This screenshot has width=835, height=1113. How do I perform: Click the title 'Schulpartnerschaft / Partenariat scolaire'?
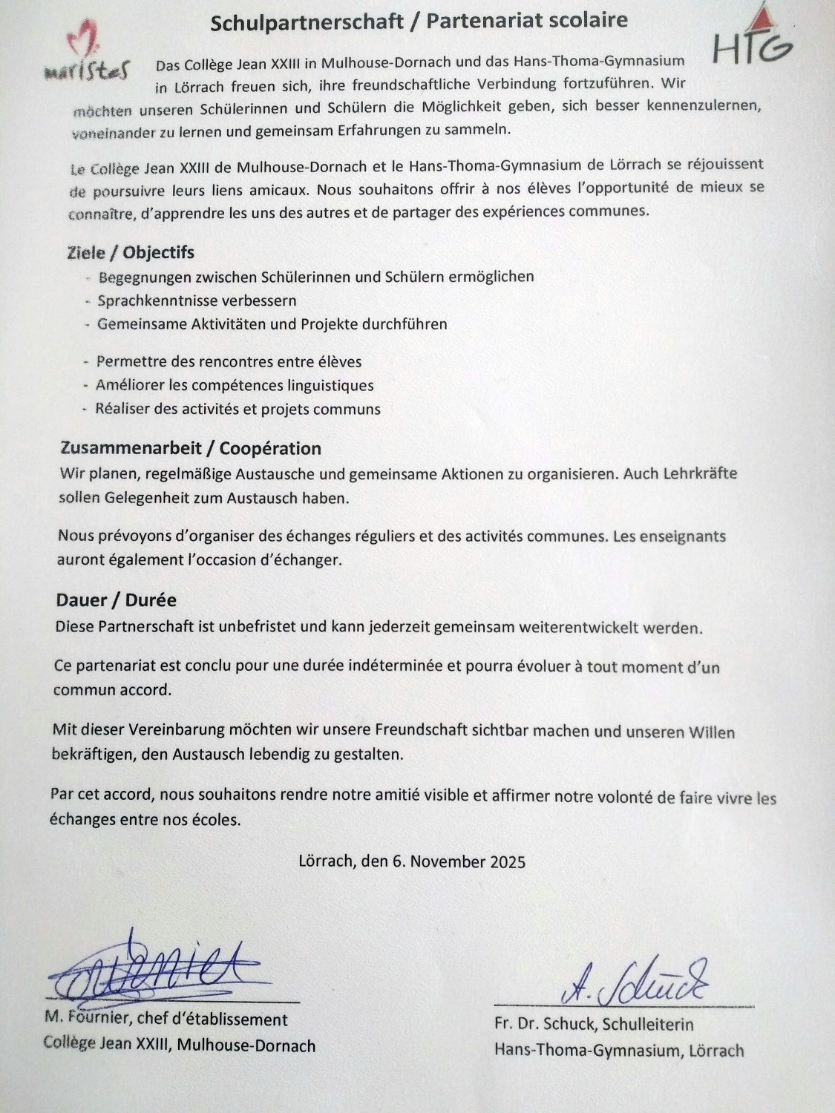tap(419, 21)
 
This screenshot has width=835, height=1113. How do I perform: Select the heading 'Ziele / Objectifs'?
tap(131, 252)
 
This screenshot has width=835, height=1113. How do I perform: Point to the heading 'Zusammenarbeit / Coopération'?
tap(191, 448)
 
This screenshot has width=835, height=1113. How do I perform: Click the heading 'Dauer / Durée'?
tap(116, 600)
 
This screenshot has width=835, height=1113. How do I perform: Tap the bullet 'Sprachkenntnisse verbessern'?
tap(197, 301)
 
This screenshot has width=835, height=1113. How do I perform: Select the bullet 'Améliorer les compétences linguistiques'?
tap(235, 385)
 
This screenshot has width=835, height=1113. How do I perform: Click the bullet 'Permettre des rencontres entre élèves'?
tap(229, 361)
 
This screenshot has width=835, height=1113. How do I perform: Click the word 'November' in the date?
tap(446, 861)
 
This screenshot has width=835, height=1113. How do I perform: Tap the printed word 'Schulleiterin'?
tap(648, 1025)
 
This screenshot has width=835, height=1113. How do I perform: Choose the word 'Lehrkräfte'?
tap(701, 473)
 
